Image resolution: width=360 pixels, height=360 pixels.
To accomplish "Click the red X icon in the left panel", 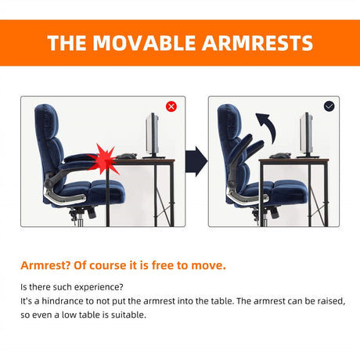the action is [171, 106].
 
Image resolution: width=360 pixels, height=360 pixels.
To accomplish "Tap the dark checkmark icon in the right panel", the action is [329, 106].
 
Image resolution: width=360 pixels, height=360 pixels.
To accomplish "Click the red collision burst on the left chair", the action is [104, 160].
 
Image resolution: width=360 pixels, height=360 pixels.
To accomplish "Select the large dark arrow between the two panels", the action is [196, 161].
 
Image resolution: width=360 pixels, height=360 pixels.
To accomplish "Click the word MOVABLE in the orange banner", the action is [144, 43].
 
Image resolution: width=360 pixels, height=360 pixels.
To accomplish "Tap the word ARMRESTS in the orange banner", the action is [257, 43].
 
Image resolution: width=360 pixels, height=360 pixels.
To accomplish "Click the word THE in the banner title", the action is [67, 43].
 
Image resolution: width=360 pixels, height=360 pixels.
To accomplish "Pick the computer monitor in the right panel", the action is [308, 135].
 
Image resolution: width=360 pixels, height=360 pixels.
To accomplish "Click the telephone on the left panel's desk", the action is [127, 156].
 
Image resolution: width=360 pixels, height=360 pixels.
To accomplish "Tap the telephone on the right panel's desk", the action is [280, 156].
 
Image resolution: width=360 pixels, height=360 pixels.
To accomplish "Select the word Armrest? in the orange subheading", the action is [45, 265].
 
